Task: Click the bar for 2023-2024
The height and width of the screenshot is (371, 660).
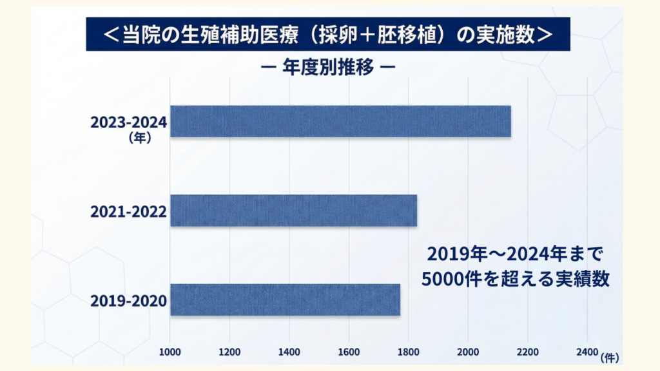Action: [x=340, y=121]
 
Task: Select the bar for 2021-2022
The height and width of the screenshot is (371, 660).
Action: [x=293, y=211]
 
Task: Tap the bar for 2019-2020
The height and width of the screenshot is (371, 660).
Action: [x=285, y=300]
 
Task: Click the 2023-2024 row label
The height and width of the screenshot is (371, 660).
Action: [x=129, y=122]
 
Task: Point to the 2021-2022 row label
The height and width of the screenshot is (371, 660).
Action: [x=129, y=211]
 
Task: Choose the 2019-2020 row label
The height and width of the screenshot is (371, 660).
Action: [x=129, y=301]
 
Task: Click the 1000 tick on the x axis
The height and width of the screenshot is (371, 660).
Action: [x=170, y=352]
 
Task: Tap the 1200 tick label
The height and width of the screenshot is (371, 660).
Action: [x=229, y=352]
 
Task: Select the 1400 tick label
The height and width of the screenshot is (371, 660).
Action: [x=289, y=352]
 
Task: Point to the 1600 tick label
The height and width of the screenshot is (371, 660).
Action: [x=349, y=352]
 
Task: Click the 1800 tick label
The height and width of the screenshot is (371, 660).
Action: [x=409, y=352]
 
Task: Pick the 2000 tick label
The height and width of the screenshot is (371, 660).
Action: [x=468, y=352]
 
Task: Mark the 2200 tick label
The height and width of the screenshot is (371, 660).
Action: [x=528, y=352]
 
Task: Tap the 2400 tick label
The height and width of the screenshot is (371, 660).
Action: [x=587, y=352]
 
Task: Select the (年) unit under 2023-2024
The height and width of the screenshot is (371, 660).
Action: [x=139, y=137]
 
